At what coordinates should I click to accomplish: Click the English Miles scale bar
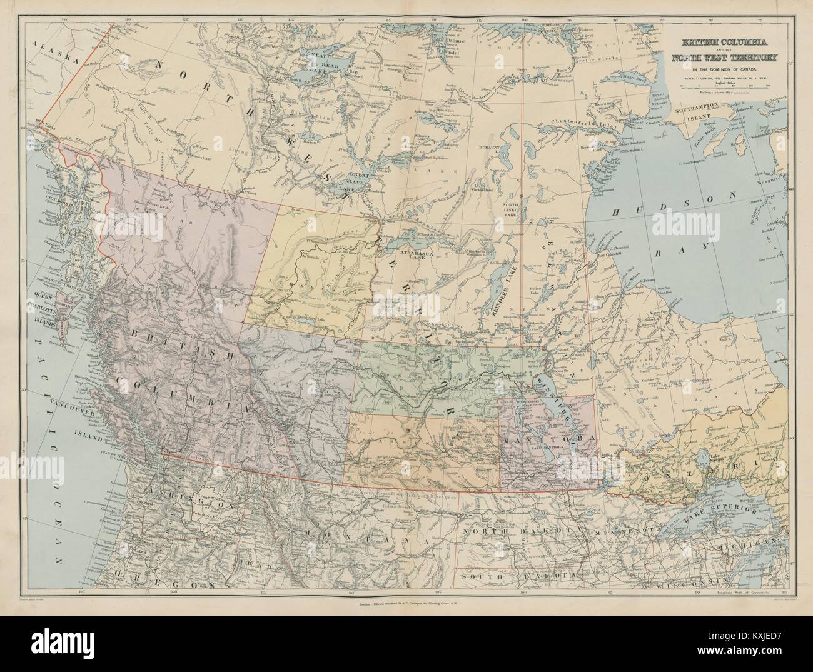pyautogui.click(x=729, y=89)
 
